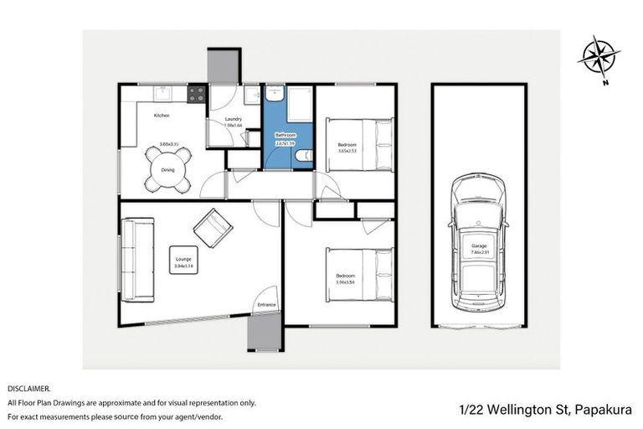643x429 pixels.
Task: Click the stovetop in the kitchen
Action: pos(197,95)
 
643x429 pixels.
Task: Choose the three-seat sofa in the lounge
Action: pos(138,260)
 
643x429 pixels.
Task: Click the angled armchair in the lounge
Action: pos(213,226)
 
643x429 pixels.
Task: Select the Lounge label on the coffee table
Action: pos(183,259)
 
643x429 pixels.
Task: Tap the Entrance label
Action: pos(266,304)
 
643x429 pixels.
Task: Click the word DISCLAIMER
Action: pos(29,389)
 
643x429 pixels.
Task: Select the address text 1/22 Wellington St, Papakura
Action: pos(546,410)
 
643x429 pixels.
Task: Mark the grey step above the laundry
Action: pos(224,66)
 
